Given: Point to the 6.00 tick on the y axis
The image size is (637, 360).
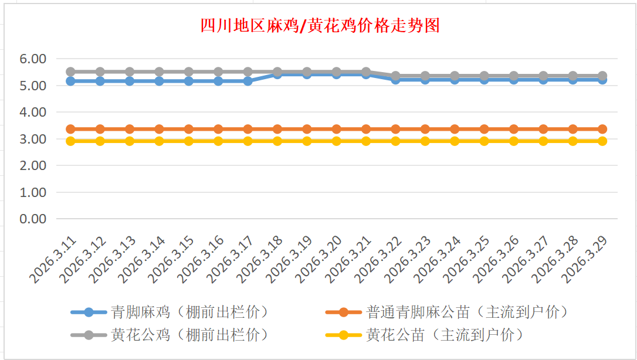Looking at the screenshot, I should (33, 59).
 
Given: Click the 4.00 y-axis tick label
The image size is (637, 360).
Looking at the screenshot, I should (33, 112).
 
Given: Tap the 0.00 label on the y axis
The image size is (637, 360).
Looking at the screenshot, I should (33, 219).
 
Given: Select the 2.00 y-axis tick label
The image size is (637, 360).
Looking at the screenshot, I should (33, 165).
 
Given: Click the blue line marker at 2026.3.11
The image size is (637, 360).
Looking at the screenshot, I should (70, 81).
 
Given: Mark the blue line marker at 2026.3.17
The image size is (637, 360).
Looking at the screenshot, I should (248, 81).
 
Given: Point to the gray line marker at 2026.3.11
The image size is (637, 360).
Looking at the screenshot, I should (70, 72).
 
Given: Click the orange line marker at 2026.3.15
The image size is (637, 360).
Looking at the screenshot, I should (189, 129).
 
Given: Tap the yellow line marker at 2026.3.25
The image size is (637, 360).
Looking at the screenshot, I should (484, 141).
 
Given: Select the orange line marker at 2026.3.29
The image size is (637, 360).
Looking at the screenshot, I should (602, 129).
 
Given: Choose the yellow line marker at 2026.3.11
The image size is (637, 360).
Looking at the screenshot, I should (70, 141).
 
